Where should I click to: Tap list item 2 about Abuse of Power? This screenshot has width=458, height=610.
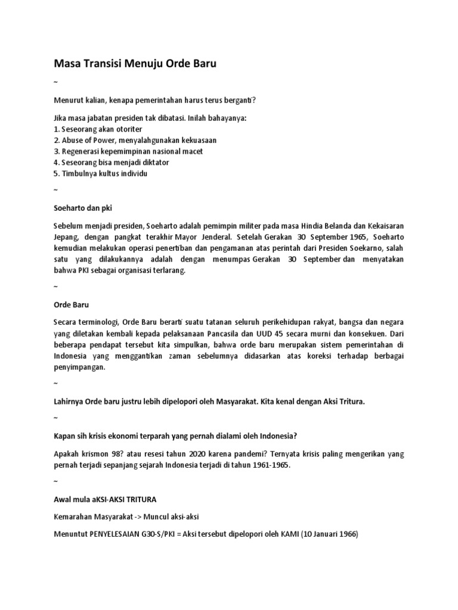[135, 140]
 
